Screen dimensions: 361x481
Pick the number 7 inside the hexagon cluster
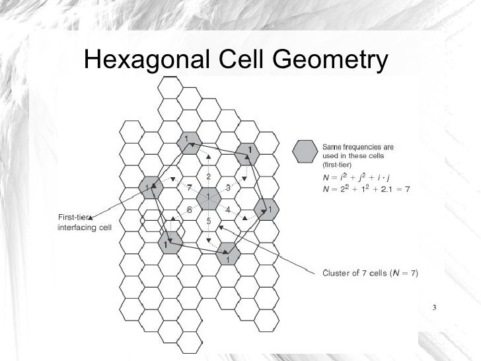point(189,188)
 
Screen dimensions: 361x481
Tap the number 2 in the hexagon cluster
point(208,177)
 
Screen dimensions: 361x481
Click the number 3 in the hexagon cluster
point(227,188)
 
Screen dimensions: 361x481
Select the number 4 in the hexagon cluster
point(227,210)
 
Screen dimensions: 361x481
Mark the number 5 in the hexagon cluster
point(208,221)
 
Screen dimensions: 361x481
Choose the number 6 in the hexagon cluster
point(189,210)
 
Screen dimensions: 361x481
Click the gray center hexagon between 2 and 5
point(208,198)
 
